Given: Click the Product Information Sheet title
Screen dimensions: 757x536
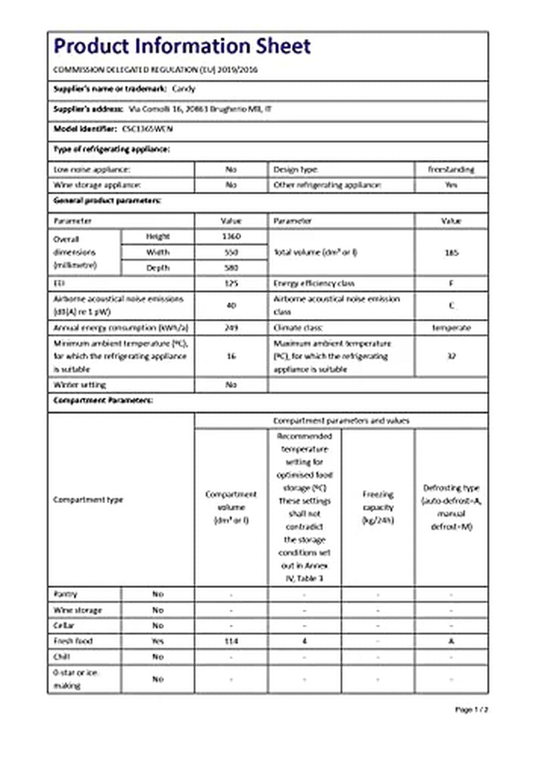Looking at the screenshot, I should point(182,46).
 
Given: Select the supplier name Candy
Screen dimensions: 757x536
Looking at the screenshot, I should point(184,89).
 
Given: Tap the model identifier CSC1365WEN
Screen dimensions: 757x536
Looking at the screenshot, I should point(142,128).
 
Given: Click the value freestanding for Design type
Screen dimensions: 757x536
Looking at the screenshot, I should point(451,170).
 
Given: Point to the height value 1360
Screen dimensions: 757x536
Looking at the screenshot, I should point(231,237).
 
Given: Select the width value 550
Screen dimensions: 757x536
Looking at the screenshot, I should point(231,252).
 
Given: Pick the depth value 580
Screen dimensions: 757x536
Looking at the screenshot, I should point(231,268).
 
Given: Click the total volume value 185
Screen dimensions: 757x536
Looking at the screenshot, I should point(451,253).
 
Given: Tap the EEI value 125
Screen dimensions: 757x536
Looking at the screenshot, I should point(231,284).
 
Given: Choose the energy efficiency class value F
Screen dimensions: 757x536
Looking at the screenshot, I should point(451,284).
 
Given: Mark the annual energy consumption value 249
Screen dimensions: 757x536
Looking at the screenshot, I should point(231,328).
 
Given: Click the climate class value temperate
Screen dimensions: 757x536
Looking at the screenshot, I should point(451,328).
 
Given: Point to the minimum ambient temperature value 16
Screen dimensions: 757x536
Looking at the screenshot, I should point(231,356).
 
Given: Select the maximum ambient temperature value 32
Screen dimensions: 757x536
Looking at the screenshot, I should point(451,356).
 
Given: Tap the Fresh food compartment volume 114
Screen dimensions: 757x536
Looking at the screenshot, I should point(231,641).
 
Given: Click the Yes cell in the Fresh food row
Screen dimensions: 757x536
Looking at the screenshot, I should point(157,641).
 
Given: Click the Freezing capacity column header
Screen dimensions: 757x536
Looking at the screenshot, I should point(378,507).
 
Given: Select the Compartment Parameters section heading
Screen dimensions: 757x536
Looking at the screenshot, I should point(103,400).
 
